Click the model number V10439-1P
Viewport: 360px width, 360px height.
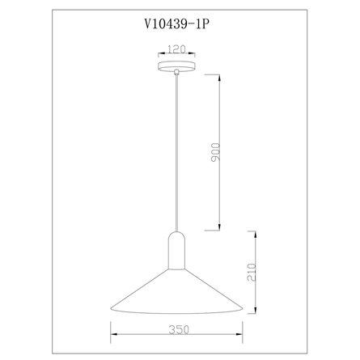[x=177, y=24]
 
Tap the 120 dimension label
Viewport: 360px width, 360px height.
[x=176, y=49]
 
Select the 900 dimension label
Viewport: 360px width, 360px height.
[x=215, y=152]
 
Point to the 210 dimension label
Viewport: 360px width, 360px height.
[x=252, y=273]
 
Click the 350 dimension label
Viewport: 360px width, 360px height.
[x=179, y=329]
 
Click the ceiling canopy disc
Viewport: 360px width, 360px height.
[x=176, y=66]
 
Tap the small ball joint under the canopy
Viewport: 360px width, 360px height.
[x=176, y=72]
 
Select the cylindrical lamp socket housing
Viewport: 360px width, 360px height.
[x=176, y=251]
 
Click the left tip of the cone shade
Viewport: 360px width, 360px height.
[x=111, y=309]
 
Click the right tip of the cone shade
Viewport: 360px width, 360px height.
[x=243, y=309]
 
